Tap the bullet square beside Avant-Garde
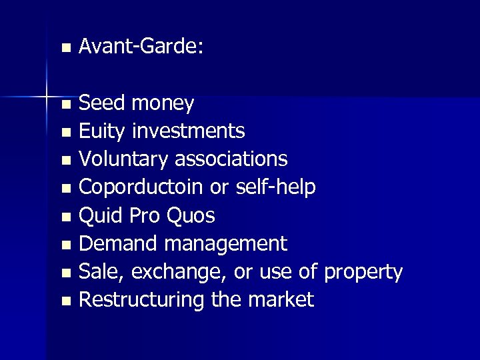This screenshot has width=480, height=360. tap(65, 48)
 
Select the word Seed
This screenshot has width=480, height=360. tap(102, 103)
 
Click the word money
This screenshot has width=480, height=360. tap(163, 104)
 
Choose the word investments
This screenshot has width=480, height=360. tap(189, 131)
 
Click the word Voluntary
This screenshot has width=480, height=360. tap(124, 159)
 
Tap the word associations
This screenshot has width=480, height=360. tap(231, 159)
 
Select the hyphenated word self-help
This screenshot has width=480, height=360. tap(275, 188)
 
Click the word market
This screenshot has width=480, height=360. tap(281, 301)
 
